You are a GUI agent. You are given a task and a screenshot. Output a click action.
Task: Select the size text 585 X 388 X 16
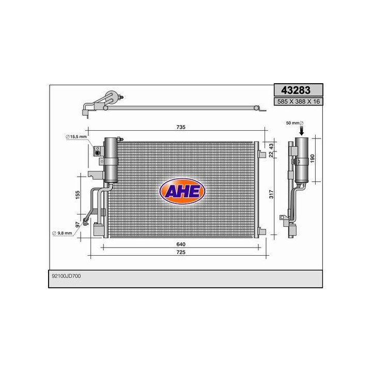coord(298,102)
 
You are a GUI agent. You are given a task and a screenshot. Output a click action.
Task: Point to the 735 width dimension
coord(181,127)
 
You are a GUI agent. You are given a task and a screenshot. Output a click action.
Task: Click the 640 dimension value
coord(180,244)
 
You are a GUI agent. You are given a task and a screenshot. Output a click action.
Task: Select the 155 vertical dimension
coord(77,196)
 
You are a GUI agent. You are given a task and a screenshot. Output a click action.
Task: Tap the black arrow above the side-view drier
coord(302,132)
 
